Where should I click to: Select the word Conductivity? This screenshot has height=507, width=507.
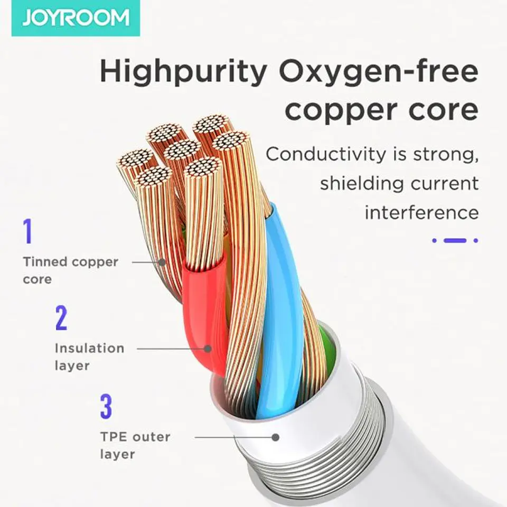coord(326,154)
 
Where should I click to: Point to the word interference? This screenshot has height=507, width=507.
coord(421,213)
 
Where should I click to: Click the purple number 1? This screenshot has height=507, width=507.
coord(29,231)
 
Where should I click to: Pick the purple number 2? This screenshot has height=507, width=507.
coord(61,318)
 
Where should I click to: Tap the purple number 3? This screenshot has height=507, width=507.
coord(106,406)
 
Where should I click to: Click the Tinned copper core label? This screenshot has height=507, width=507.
coord(70,270)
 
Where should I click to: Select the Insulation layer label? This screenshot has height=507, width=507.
coord(90,357)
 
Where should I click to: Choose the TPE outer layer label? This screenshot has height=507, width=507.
coord(135,445)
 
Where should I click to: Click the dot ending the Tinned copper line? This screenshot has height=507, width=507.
coord(162,262)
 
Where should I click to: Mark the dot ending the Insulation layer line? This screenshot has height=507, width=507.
coord(208,349)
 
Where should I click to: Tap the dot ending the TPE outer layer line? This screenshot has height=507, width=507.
coord(276,437)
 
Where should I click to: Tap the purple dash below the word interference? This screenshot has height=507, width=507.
coord(455,241)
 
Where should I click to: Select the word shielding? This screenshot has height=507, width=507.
coord(361,184)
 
